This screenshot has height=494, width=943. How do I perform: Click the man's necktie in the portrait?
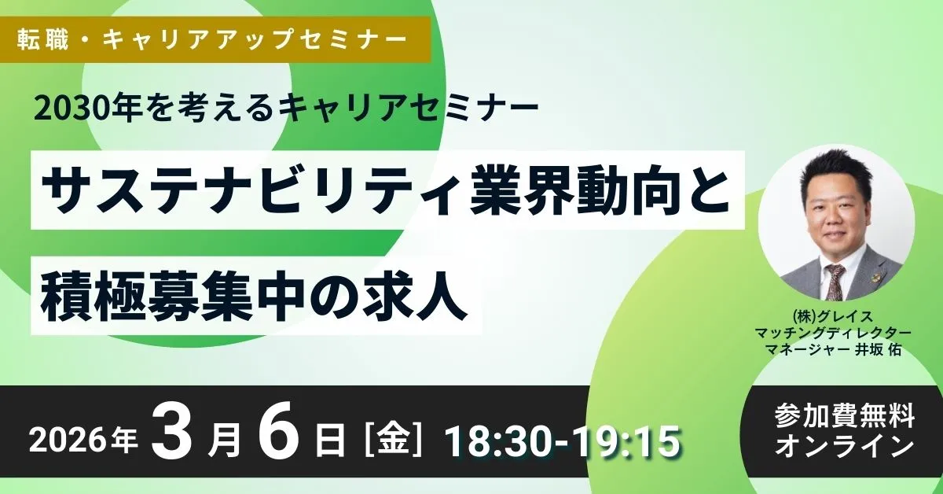pos(835,278)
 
